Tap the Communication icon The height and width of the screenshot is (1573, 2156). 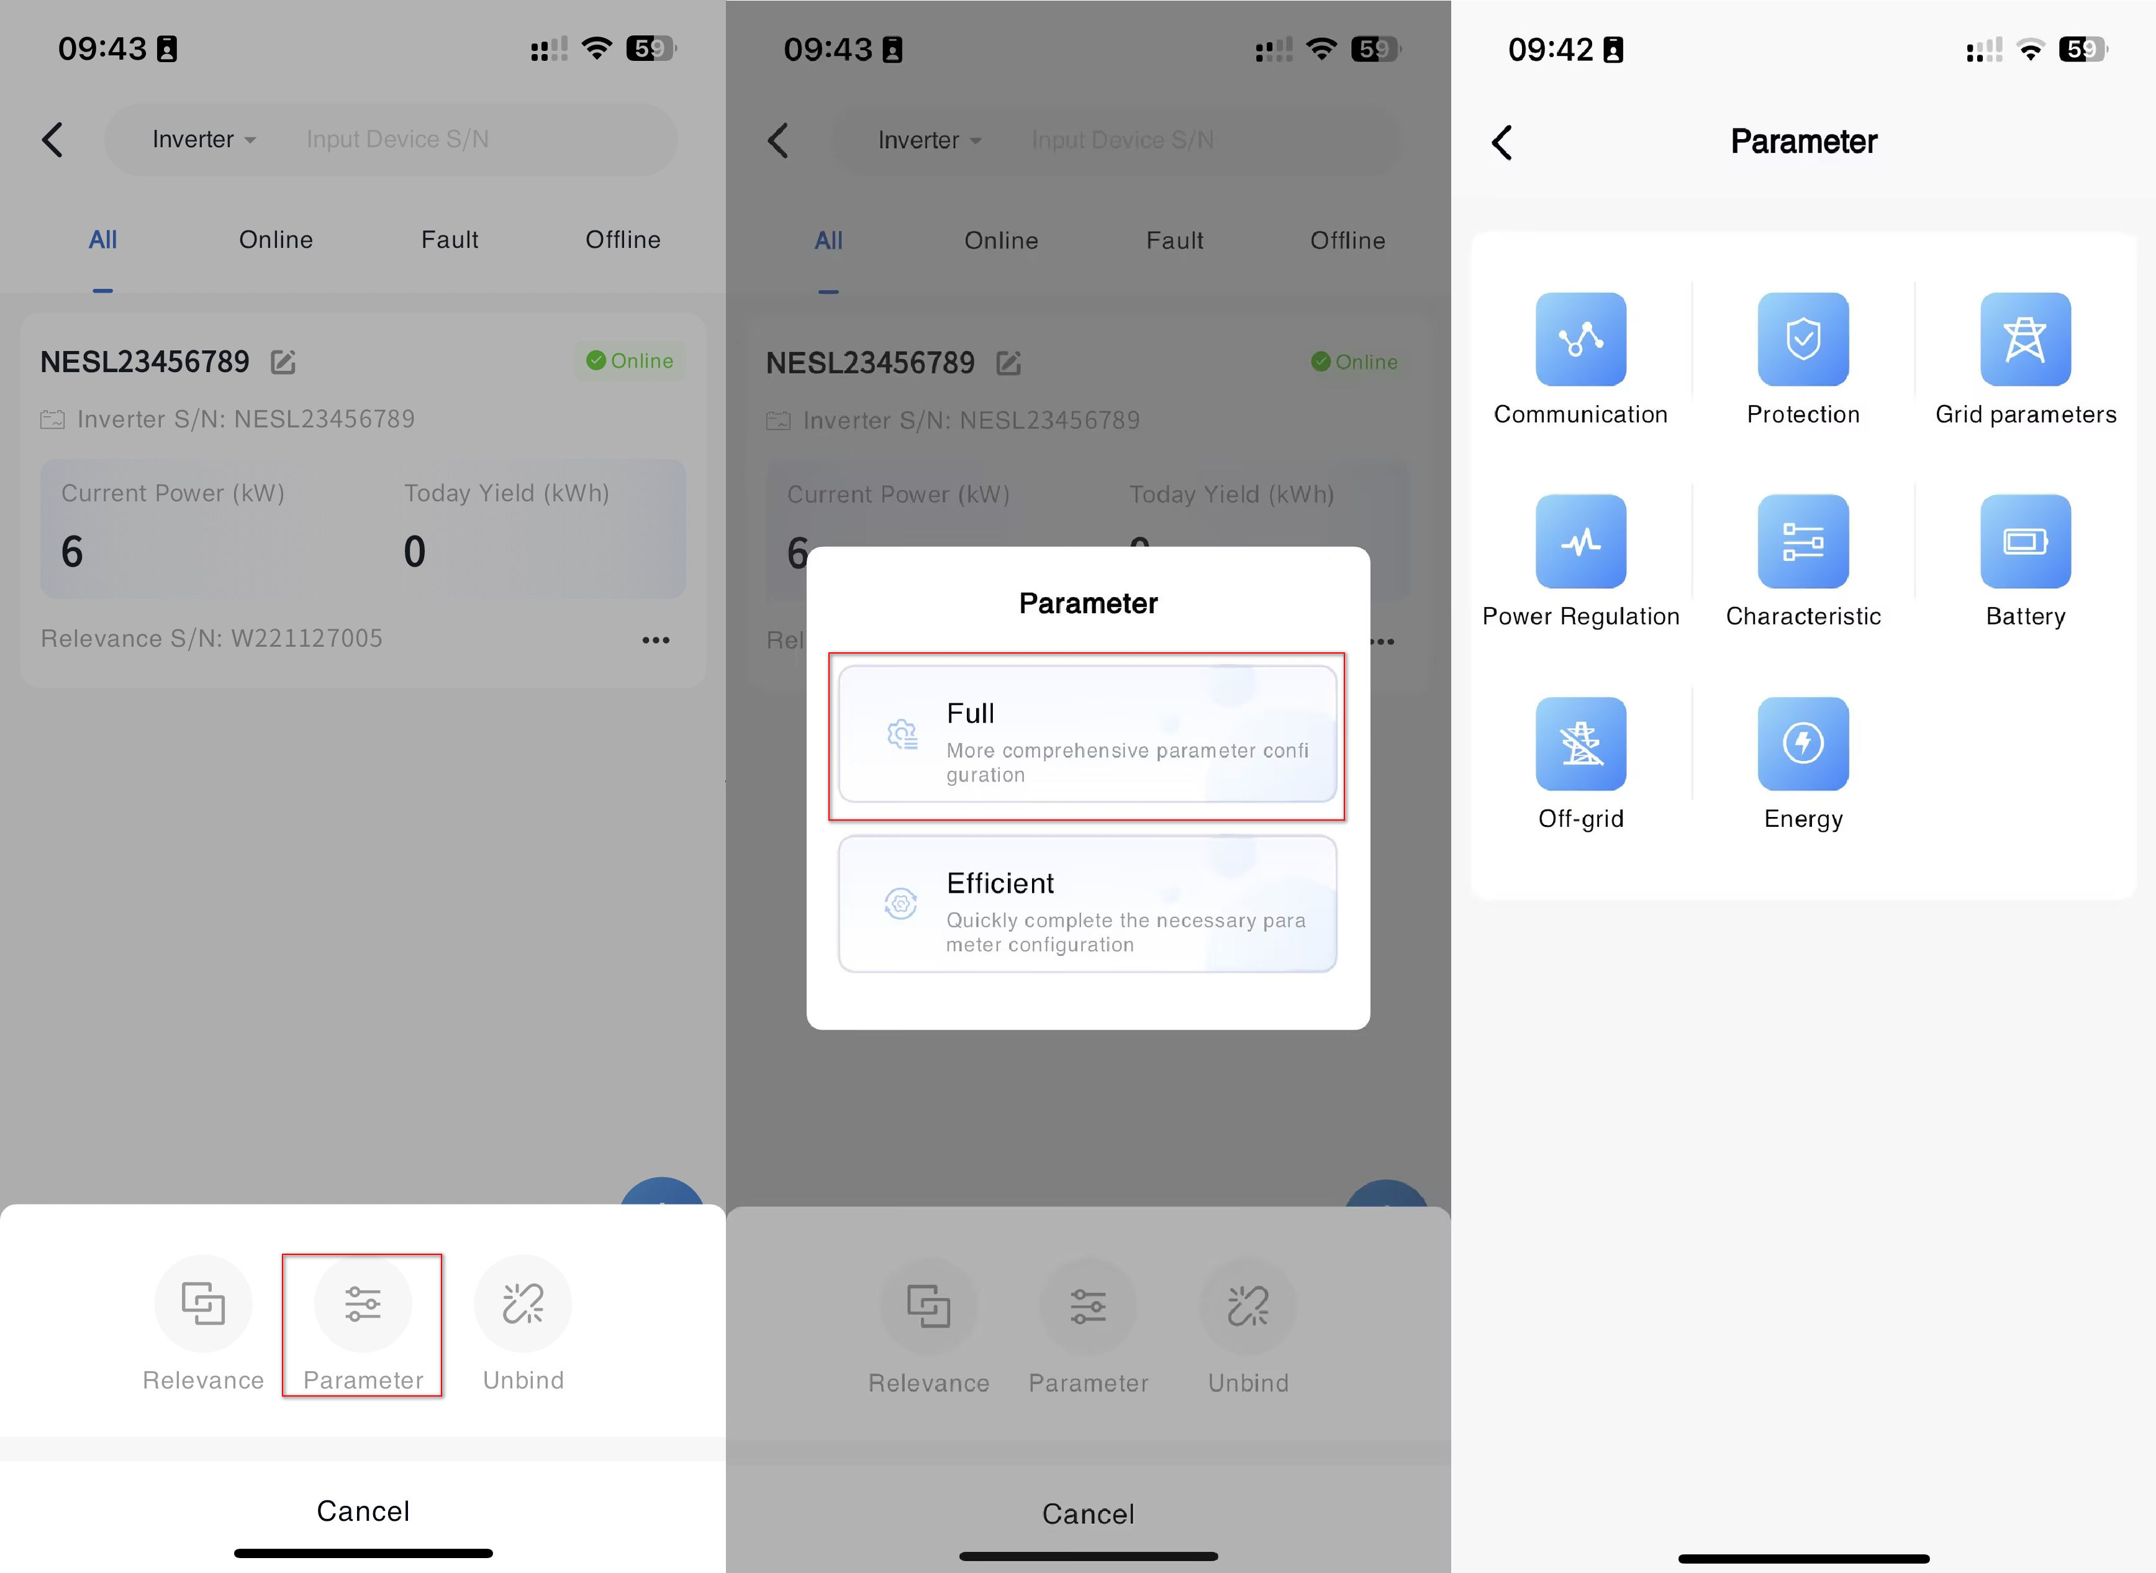click(1580, 339)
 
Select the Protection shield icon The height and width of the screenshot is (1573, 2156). click(1803, 339)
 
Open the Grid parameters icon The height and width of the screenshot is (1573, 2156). click(2026, 339)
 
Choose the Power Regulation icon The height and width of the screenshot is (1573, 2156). click(1580, 541)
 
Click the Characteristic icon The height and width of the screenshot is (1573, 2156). click(1803, 541)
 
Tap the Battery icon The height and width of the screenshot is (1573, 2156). click(2026, 541)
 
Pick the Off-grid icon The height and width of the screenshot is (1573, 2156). click(1580, 744)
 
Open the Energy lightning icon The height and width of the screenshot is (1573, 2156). click(1803, 744)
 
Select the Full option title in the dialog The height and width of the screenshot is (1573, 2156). click(970, 713)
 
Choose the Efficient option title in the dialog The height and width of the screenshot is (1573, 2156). click(1000, 883)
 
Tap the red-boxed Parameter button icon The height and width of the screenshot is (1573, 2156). click(363, 1303)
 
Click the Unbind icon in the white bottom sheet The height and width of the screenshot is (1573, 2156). click(523, 1303)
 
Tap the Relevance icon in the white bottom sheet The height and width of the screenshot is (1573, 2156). click(203, 1303)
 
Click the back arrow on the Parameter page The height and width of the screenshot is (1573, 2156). click(1502, 143)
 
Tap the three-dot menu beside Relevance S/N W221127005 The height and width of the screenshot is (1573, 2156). click(656, 640)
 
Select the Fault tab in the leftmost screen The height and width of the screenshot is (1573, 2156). click(450, 240)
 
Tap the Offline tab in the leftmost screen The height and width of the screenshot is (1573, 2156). click(623, 240)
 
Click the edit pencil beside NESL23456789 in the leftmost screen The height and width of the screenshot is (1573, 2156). click(283, 362)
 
